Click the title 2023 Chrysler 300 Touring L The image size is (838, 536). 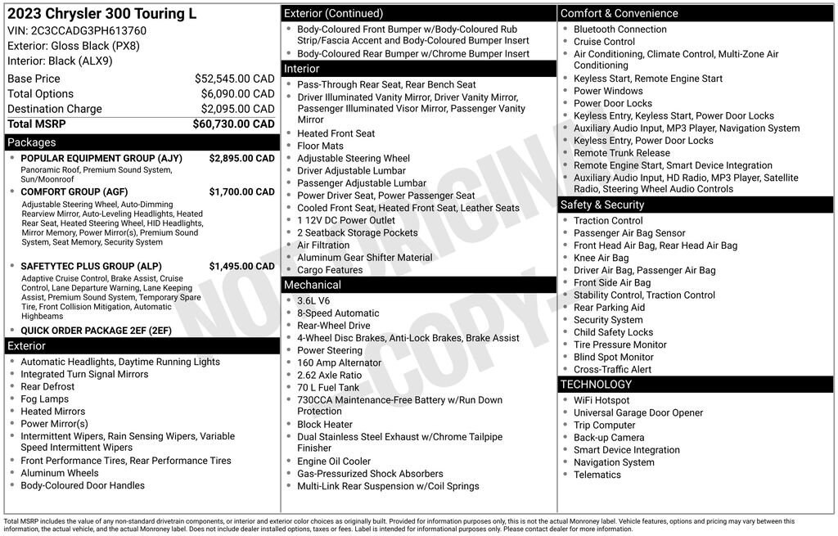pyautogui.click(x=101, y=14)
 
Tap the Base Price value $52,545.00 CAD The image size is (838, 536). pyautogui.click(x=234, y=79)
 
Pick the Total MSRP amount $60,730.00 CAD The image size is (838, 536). pyautogui.click(x=233, y=124)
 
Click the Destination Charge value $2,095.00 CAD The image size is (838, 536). pyautogui.click(x=234, y=109)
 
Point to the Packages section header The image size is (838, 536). pyautogui.click(x=32, y=142)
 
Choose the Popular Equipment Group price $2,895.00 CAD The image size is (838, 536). pyautogui.click(x=241, y=159)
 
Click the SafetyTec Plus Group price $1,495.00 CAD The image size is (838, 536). pyautogui.click(x=241, y=267)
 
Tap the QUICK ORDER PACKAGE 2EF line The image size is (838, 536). pyautogui.click(x=96, y=331)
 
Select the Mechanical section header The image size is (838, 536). pyautogui.click(x=312, y=285)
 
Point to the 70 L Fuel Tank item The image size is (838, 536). pyautogui.click(x=328, y=388)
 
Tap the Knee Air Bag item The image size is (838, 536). pyautogui.click(x=601, y=258)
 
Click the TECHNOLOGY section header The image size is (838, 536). pyautogui.click(x=596, y=384)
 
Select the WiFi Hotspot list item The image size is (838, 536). pyautogui.click(x=601, y=400)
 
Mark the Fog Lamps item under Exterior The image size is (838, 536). pyautogui.click(x=45, y=399)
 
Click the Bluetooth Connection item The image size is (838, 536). pyautogui.click(x=620, y=29)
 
